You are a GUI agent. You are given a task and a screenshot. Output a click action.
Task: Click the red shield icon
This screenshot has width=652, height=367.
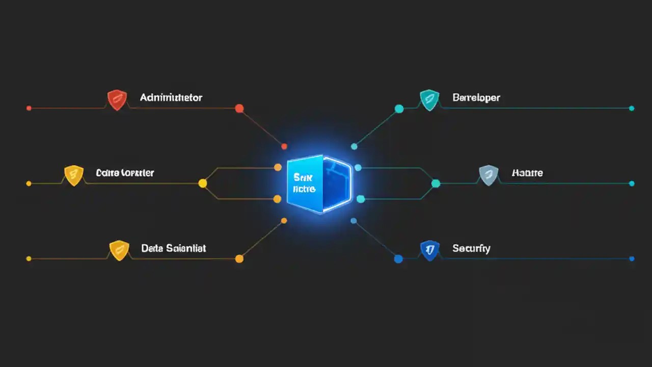click(117, 99)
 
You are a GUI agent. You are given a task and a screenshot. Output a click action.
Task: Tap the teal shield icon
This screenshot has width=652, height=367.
click(429, 99)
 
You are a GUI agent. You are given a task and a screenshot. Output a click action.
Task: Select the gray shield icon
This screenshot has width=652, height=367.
click(488, 175)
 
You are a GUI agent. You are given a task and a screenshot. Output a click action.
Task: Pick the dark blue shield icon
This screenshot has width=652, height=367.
click(429, 250)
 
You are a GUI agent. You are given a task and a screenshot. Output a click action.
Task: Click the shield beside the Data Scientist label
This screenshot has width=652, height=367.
click(119, 250)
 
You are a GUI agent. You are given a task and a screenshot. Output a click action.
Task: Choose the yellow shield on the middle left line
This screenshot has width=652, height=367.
click(74, 175)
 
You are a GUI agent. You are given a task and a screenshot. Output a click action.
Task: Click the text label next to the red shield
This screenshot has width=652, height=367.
click(171, 97)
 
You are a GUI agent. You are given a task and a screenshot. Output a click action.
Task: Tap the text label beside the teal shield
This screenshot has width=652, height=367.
click(476, 97)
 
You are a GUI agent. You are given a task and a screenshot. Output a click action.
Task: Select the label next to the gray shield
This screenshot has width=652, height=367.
click(527, 173)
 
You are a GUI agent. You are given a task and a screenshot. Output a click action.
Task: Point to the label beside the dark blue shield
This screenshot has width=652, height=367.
click(471, 248)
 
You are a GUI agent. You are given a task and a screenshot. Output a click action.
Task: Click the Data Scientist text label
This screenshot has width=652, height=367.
click(173, 248)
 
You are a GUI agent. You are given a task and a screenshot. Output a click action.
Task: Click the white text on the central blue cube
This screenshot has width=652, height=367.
click(305, 183)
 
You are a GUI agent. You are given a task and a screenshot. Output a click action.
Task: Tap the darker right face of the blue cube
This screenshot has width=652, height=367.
click(337, 183)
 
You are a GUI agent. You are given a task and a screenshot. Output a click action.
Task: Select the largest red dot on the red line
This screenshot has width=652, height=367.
click(239, 108)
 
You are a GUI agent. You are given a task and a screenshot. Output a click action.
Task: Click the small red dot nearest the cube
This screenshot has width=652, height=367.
click(285, 147)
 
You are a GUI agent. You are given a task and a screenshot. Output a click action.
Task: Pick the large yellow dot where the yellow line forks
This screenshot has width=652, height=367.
click(202, 183)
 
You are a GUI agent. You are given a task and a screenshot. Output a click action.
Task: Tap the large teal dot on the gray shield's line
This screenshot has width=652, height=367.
click(436, 183)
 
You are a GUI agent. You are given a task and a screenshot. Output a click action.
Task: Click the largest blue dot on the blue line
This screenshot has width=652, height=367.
click(398, 259)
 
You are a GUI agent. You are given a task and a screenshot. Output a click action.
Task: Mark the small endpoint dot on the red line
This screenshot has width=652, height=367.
click(29, 108)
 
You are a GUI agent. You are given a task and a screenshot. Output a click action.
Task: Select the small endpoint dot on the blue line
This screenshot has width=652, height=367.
click(632, 259)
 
